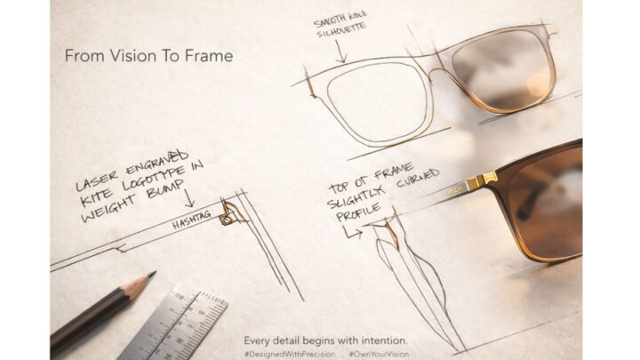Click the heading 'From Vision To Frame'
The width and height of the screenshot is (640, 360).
point(148,56)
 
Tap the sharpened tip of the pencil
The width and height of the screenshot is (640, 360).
point(152,275)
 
